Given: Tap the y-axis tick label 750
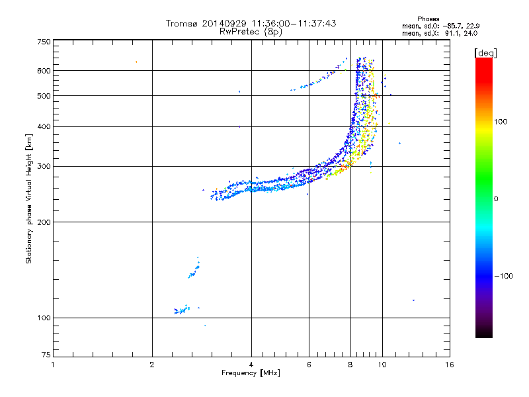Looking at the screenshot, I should click(x=44, y=42).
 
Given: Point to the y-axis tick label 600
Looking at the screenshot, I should click(x=44, y=71).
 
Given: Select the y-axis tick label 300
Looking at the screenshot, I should click(x=44, y=166).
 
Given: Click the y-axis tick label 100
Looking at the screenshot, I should click(x=44, y=318).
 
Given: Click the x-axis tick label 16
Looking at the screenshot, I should click(x=449, y=365).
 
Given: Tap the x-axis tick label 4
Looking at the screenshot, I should click(x=251, y=365).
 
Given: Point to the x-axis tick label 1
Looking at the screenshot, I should click(x=53, y=365).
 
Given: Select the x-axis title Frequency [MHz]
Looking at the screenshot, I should click(x=251, y=373).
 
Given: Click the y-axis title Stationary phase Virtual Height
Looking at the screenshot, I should click(x=29, y=198).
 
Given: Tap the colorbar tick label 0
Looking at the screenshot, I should click(x=495, y=198).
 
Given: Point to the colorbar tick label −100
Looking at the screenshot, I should click(x=503, y=275).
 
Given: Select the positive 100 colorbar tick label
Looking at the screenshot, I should click(x=501, y=122).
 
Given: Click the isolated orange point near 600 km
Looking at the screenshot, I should click(x=136, y=62).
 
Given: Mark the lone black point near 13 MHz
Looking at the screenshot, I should click(x=413, y=300).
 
